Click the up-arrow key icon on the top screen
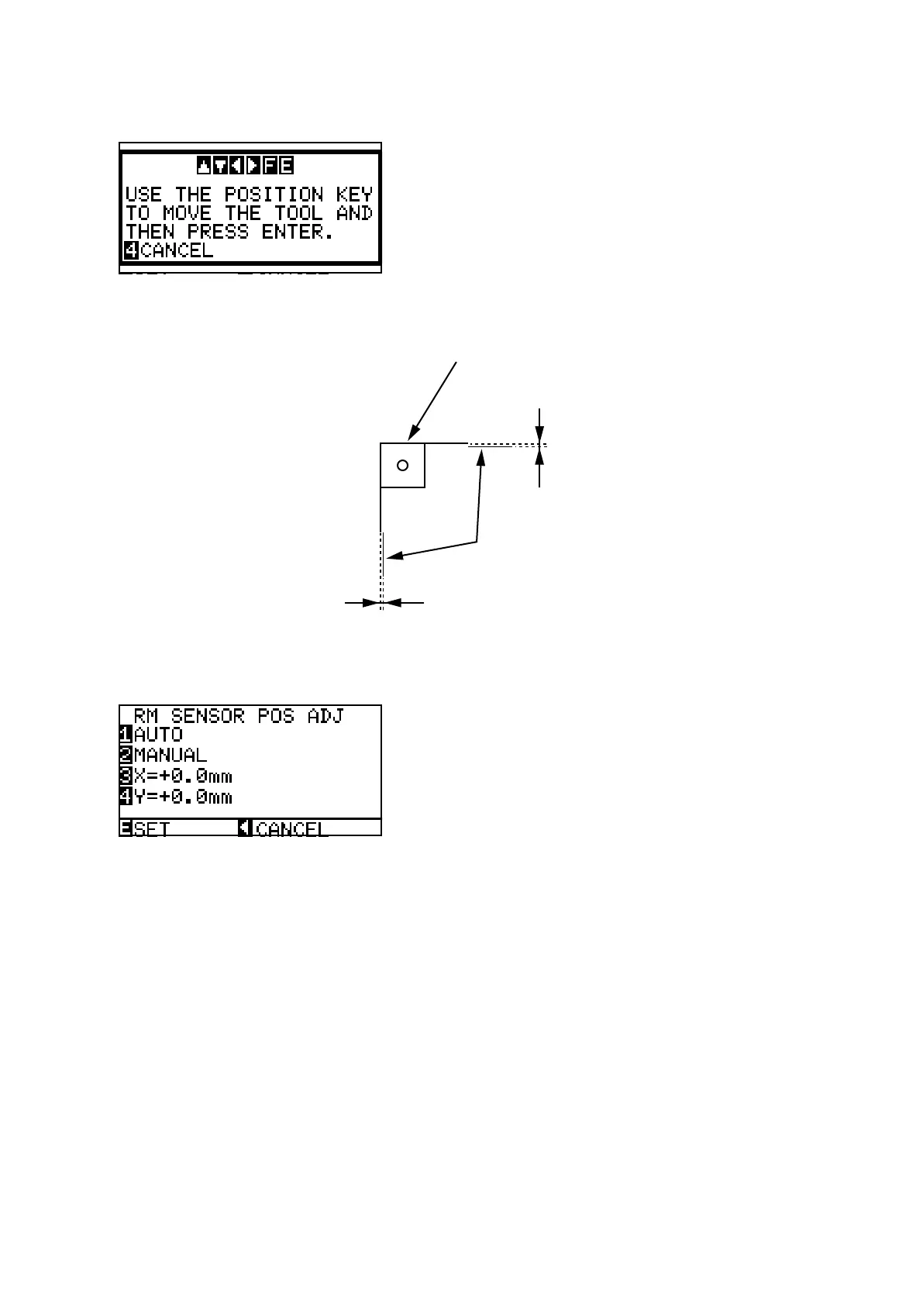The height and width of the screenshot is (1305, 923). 204,166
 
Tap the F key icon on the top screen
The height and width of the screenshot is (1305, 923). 270,166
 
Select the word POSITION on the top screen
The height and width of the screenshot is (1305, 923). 274,195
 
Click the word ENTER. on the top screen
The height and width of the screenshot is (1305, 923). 298,232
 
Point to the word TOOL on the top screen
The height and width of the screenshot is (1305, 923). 298,213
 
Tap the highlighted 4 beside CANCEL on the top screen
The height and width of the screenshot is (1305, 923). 132,250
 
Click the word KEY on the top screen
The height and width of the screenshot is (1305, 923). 354,195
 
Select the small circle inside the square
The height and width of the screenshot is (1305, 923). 402,465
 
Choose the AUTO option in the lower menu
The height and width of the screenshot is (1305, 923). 158,735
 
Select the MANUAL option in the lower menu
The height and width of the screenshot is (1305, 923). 170,755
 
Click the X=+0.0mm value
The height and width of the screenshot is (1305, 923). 183,776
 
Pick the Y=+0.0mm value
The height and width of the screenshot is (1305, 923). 183,797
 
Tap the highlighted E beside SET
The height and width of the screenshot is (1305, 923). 126,828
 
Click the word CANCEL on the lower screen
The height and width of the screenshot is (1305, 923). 292,828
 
